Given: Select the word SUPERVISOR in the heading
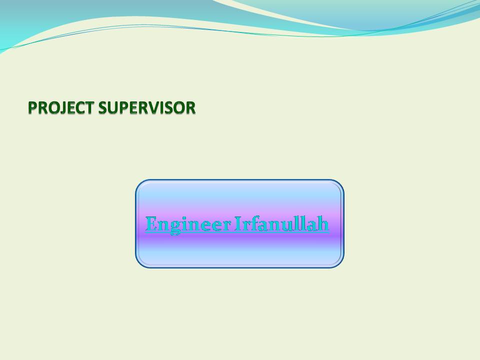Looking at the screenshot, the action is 147,108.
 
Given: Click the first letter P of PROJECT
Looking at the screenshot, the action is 32,108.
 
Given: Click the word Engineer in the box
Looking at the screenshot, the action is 188,224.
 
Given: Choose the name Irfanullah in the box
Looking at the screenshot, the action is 281,224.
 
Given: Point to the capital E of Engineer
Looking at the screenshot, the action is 151,224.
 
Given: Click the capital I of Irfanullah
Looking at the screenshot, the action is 238,224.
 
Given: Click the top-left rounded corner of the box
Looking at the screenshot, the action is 139,183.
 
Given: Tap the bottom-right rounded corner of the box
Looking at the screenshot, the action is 340,264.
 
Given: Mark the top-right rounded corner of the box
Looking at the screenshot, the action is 340,183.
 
